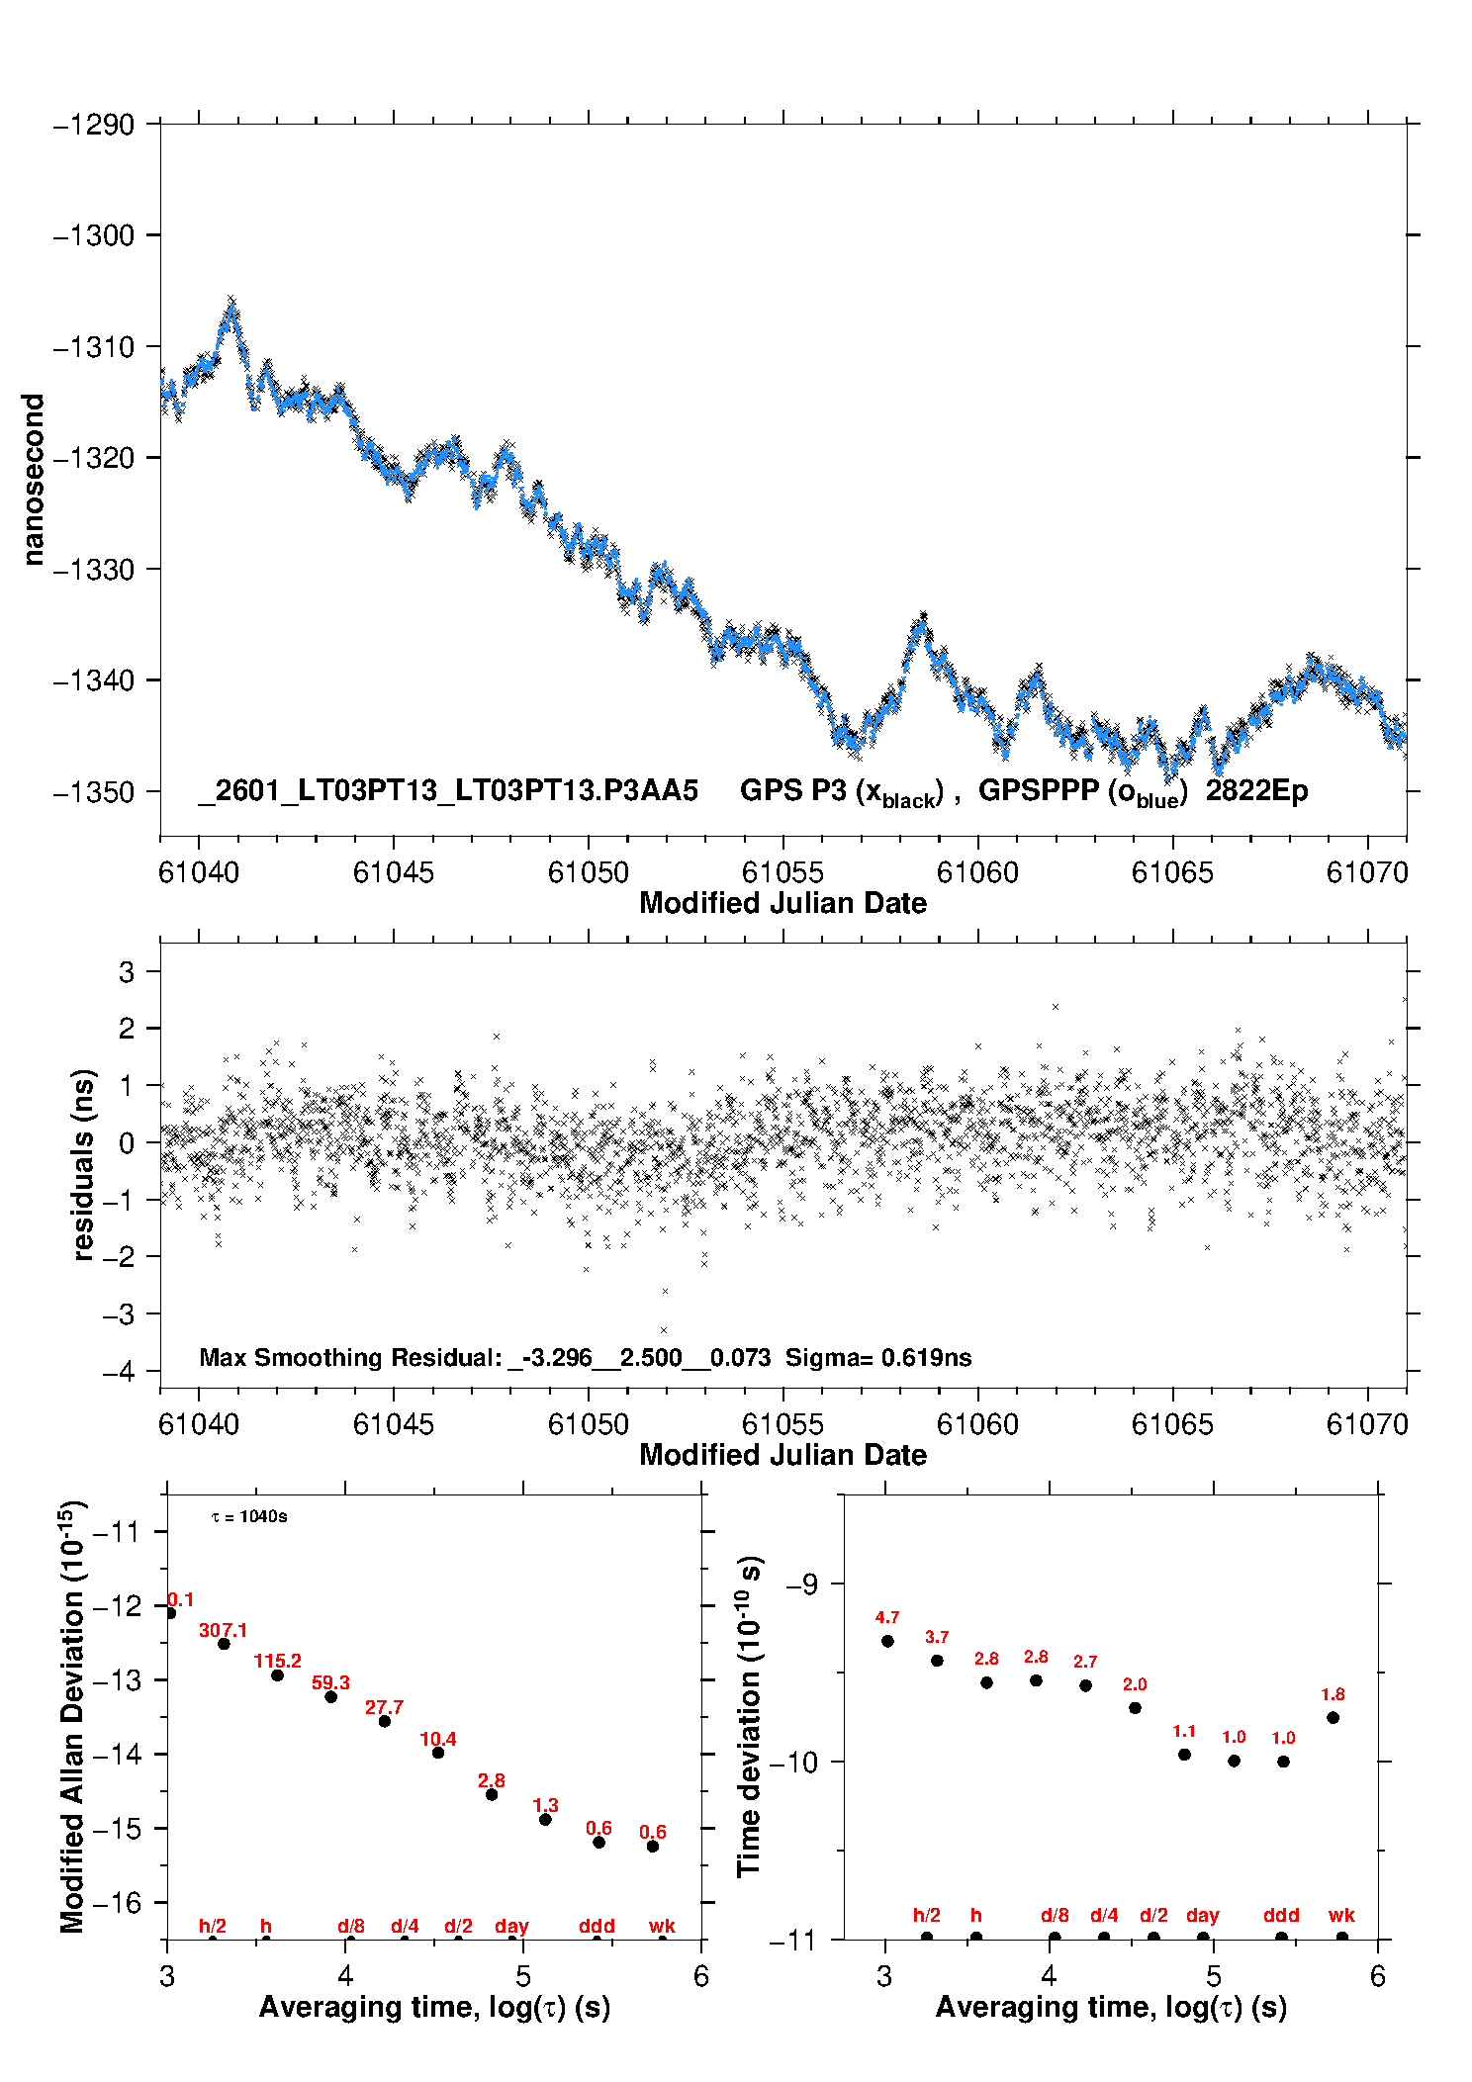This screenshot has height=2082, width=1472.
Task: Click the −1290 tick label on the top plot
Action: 93,126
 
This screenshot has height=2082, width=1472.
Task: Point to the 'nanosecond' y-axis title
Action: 34,480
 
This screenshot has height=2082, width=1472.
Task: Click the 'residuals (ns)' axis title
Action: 84,1164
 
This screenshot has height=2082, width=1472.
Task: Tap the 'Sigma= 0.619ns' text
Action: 877,1357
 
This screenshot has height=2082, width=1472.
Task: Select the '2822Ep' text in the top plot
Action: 1255,791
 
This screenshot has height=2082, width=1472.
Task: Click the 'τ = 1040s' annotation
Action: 249,1517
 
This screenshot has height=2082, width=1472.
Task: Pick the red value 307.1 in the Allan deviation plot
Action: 223,1630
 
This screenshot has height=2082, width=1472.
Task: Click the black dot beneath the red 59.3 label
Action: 330,1697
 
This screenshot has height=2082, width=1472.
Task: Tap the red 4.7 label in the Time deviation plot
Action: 886,1618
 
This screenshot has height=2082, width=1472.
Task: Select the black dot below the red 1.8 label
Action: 1333,1718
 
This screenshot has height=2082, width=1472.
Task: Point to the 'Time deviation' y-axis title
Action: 749,1717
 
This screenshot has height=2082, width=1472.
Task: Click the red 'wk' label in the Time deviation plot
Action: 1340,1916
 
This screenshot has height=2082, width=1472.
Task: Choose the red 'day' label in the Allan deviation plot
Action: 511,1926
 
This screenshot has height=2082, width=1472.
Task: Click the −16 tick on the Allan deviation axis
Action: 117,1902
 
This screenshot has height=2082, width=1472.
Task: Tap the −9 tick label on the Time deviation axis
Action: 801,1584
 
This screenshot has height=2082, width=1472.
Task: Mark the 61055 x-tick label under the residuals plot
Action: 782,1424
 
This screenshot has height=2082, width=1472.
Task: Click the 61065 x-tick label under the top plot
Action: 1171,872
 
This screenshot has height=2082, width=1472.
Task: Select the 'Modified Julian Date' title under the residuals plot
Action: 782,1455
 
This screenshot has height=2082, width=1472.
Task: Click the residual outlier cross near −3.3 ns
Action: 664,1330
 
